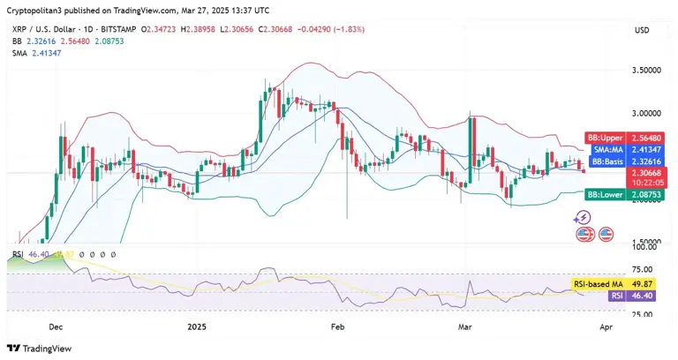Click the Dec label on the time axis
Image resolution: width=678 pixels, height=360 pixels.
tap(56, 326)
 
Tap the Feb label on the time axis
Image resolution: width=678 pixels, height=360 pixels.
tap(337, 326)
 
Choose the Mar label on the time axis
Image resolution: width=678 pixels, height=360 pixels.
tap(464, 326)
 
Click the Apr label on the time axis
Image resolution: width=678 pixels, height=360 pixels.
tap(605, 326)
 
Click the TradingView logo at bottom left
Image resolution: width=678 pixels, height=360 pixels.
tap(41, 347)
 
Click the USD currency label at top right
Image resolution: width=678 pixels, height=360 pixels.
tap(642, 31)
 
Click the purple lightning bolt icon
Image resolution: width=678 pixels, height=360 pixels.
tap(582, 216)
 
